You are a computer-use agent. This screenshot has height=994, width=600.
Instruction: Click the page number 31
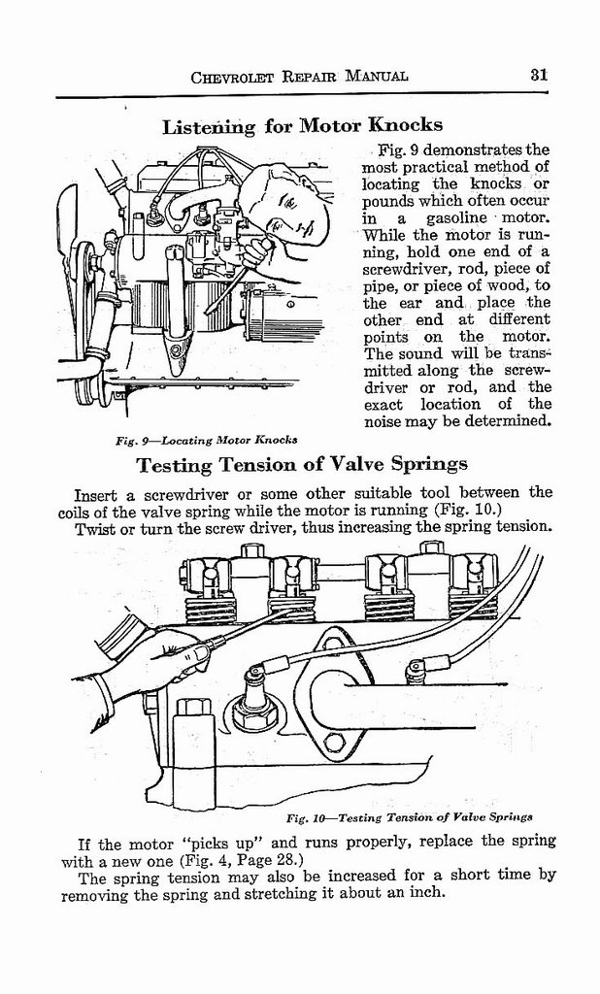coord(540,75)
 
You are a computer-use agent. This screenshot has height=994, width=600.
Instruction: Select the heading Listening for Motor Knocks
coord(302,126)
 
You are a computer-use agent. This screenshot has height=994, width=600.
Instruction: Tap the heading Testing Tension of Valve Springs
coord(302,463)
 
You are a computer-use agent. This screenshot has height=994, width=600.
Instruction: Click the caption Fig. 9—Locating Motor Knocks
coord(206,440)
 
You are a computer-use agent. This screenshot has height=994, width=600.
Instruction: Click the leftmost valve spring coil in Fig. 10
coord(213,609)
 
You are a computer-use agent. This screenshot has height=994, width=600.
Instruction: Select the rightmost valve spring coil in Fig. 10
coord(473,607)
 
